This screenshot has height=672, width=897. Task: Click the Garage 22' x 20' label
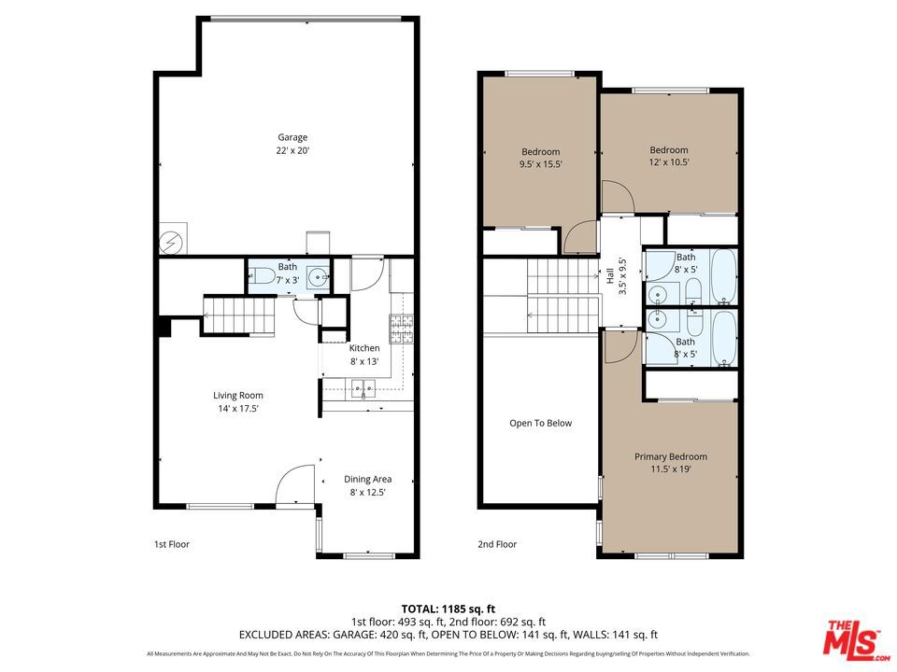coord(292,145)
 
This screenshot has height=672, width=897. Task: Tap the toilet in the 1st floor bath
coord(261,275)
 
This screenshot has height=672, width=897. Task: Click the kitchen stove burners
coord(402,329)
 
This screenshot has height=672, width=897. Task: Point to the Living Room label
coord(238,401)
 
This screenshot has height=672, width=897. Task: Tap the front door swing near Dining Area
coord(297,484)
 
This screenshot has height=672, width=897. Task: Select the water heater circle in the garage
coord(171,241)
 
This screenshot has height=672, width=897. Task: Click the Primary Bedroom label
coord(670,463)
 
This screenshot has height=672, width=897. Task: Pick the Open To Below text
coord(540,423)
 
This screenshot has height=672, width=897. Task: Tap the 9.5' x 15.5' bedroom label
coord(540,158)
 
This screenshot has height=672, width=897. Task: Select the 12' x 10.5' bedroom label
coord(669,156)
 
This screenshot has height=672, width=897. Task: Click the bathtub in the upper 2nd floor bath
coord(723,277)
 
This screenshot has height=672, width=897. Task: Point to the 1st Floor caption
coord(171,544)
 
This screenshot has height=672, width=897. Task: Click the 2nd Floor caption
coord(497,544)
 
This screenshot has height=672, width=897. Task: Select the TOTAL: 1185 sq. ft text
coord(448,606)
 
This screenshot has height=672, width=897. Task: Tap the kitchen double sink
coord(363,387)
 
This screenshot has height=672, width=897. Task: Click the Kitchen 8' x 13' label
coord(364,355)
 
